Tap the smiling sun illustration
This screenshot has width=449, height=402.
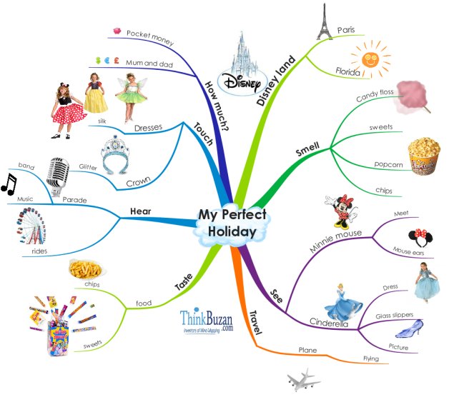pos(370,59)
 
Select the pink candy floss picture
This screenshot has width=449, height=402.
pos(411,97)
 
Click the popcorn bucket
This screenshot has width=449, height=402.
pos(424,156)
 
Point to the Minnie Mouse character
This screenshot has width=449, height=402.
pos(342,211)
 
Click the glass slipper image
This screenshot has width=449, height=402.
pos(410,328)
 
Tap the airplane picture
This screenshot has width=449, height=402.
pos(304,381)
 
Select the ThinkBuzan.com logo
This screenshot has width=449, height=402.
pos(207,321)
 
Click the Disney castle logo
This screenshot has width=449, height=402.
pos(242,64)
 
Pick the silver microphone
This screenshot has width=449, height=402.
pos(58,176)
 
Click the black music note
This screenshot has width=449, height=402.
pos(9,185)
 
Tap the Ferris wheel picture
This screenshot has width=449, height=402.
pos(31,226)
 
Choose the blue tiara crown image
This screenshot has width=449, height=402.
pos(115,155)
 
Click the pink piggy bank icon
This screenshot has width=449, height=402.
pos(117,31)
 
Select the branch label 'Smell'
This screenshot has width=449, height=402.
pos(307,149)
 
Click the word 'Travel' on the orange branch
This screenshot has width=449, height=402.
pos(255,323)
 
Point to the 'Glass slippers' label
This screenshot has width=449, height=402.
pos(395,316)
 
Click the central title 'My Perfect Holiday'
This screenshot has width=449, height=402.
pos(232,223)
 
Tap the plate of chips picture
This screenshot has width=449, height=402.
pos(87,268)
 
